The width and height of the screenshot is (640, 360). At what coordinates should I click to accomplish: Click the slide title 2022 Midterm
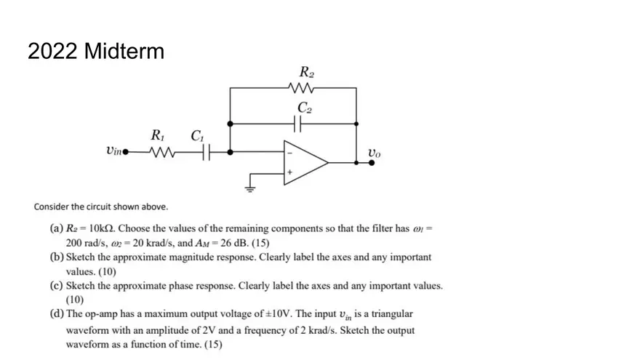[x=95, y=52]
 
